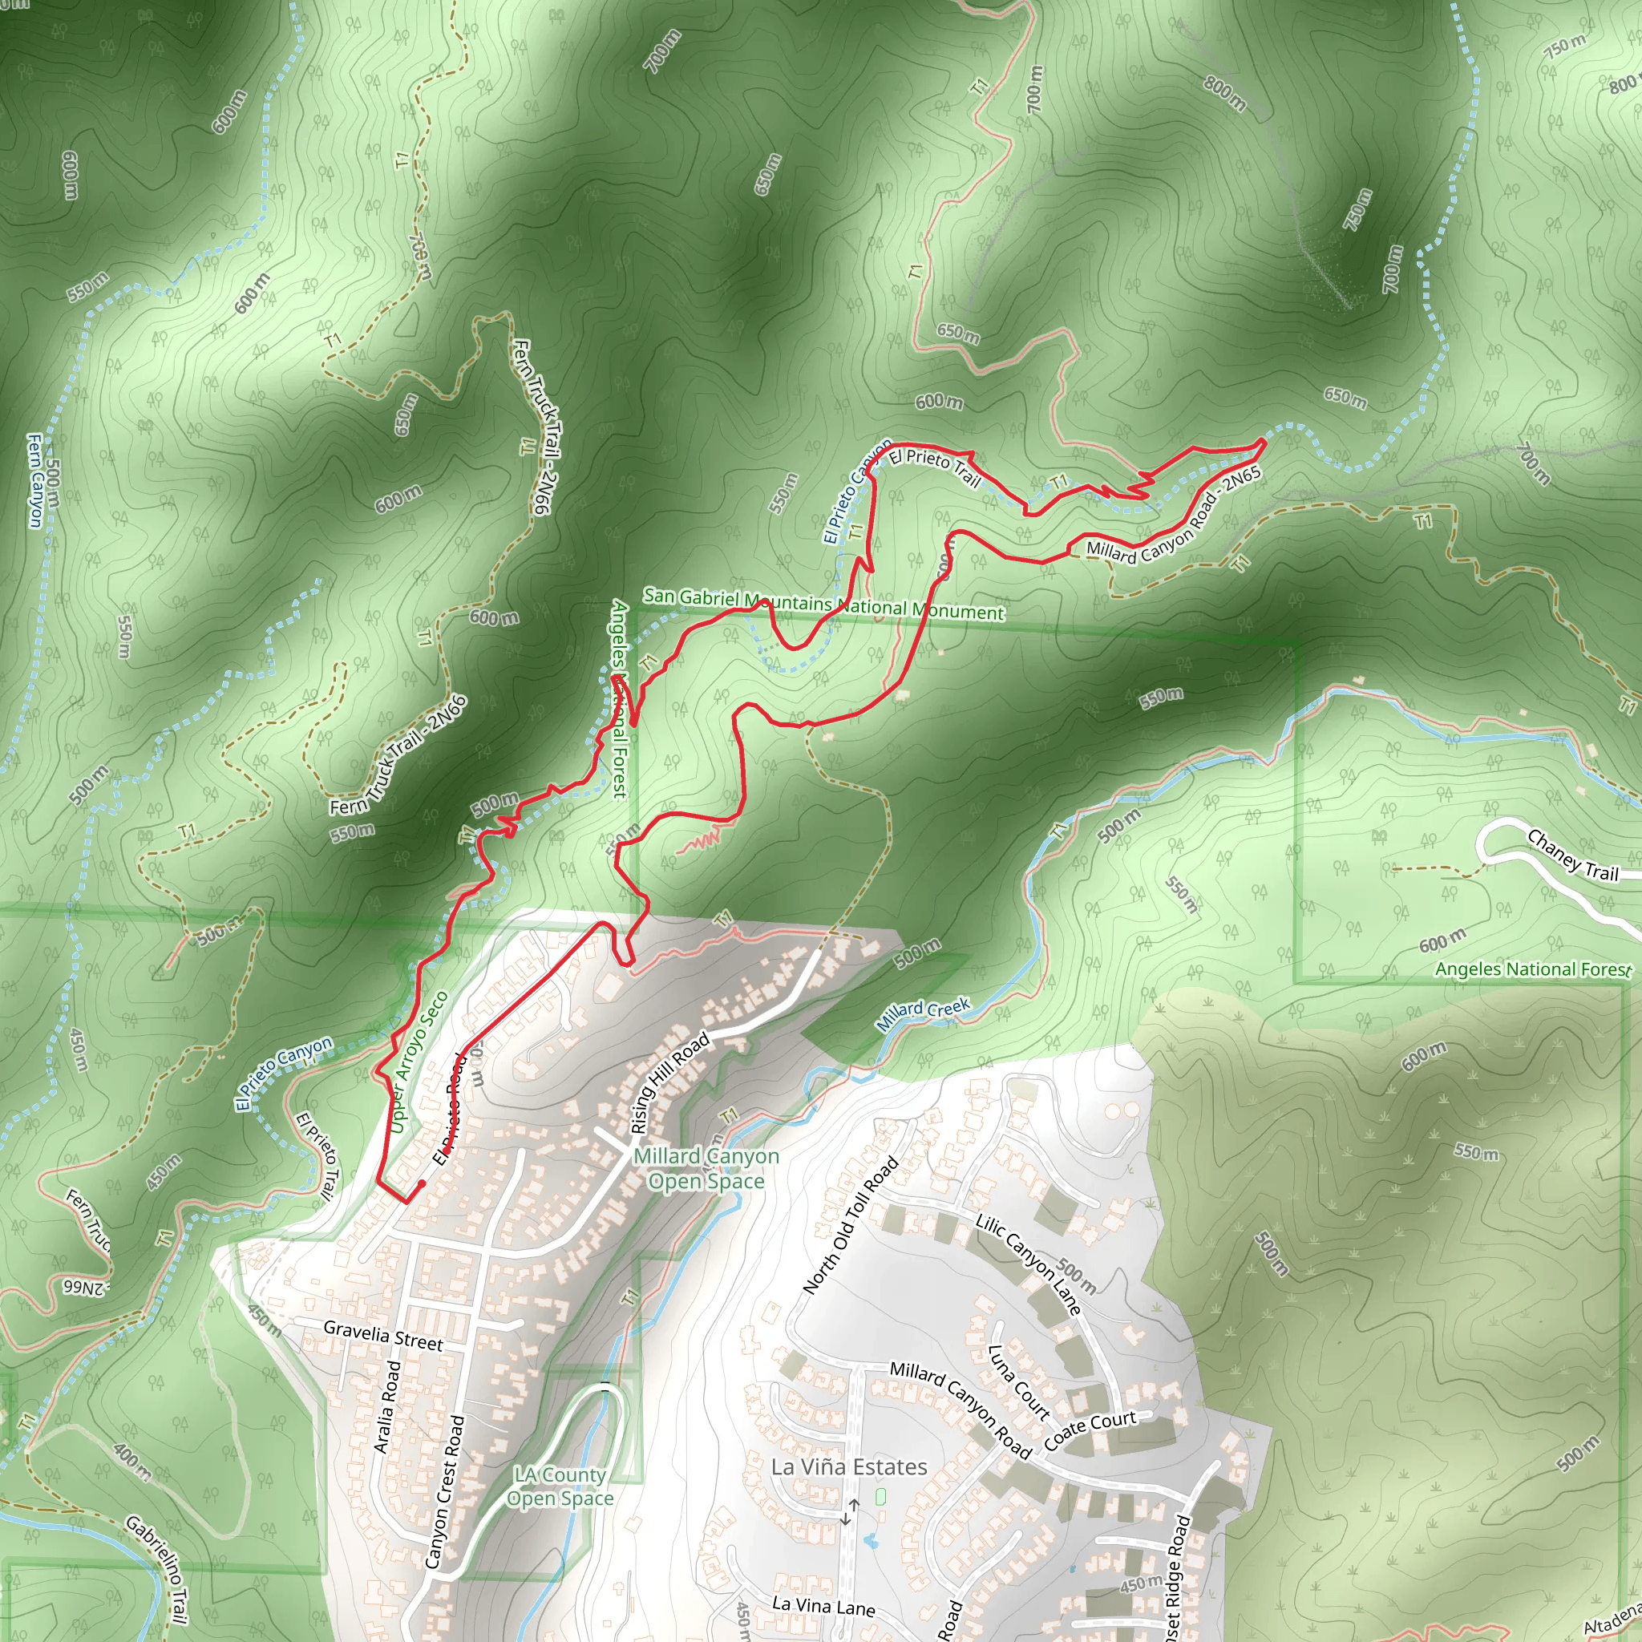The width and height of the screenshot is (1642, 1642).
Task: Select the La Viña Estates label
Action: click(849, 1467)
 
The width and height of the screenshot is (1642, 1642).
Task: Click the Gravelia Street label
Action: click(383, 1335)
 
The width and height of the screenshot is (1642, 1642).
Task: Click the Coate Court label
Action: click(1090, 1431)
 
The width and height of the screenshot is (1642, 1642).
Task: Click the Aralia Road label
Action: click(386, 1406)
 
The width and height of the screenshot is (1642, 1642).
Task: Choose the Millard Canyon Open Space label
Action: click(706, 1169)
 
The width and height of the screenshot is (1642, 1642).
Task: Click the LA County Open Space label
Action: click(561, 1486)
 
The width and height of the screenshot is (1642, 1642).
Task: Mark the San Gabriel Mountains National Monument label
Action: click(823, 605)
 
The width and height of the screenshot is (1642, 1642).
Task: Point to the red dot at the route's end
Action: click(422, 1183)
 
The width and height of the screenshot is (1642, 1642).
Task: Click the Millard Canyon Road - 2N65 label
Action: click(1174, 518)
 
